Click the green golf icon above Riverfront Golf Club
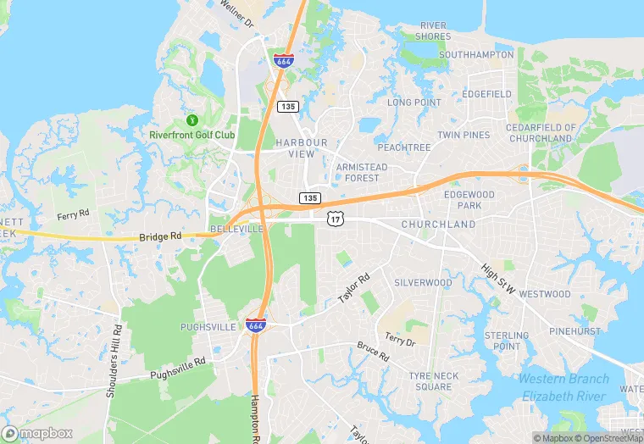192,120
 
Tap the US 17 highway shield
336,219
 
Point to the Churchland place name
438,225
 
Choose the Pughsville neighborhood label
208,326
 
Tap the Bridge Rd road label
160,239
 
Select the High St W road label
498,277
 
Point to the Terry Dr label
400,340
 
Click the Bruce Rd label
372,352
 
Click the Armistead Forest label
362,173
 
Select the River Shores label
433,31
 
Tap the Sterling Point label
507,341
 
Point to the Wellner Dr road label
236,14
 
